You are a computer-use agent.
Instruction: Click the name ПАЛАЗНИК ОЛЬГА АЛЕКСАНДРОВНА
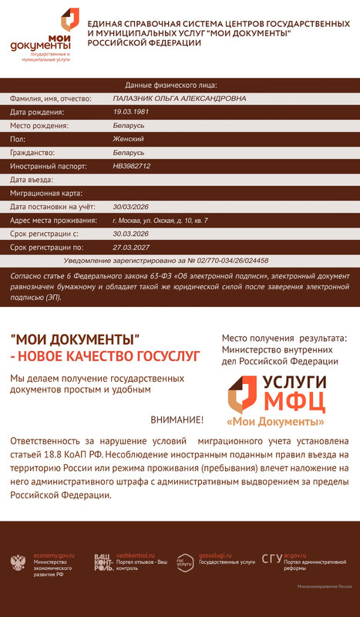pyautogui.click(x=180, y=99)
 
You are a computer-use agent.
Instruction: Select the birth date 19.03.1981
pyautogui.click(x=131, y=112)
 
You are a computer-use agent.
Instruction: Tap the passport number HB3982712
pyautogui.click(x=132, y=166)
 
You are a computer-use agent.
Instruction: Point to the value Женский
pyautogui.click(x=128, y=139)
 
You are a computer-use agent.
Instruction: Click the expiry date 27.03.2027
pyautogui.click(x=130, y=248)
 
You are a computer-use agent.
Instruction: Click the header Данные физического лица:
pyautogui.click(x=171, y=85)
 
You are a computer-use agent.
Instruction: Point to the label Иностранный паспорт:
pyautogui.click(x=48, y=166)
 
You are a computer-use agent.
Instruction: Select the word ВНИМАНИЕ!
pyautogui.click(x=177, y=420)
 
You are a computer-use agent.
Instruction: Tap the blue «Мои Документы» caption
pyautogui.click(x=275, y=423)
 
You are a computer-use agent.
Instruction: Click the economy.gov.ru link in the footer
pyautogui.click(x=53, y=556)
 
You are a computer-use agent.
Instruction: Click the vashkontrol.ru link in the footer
pyautogui.click(x=135, y=555)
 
